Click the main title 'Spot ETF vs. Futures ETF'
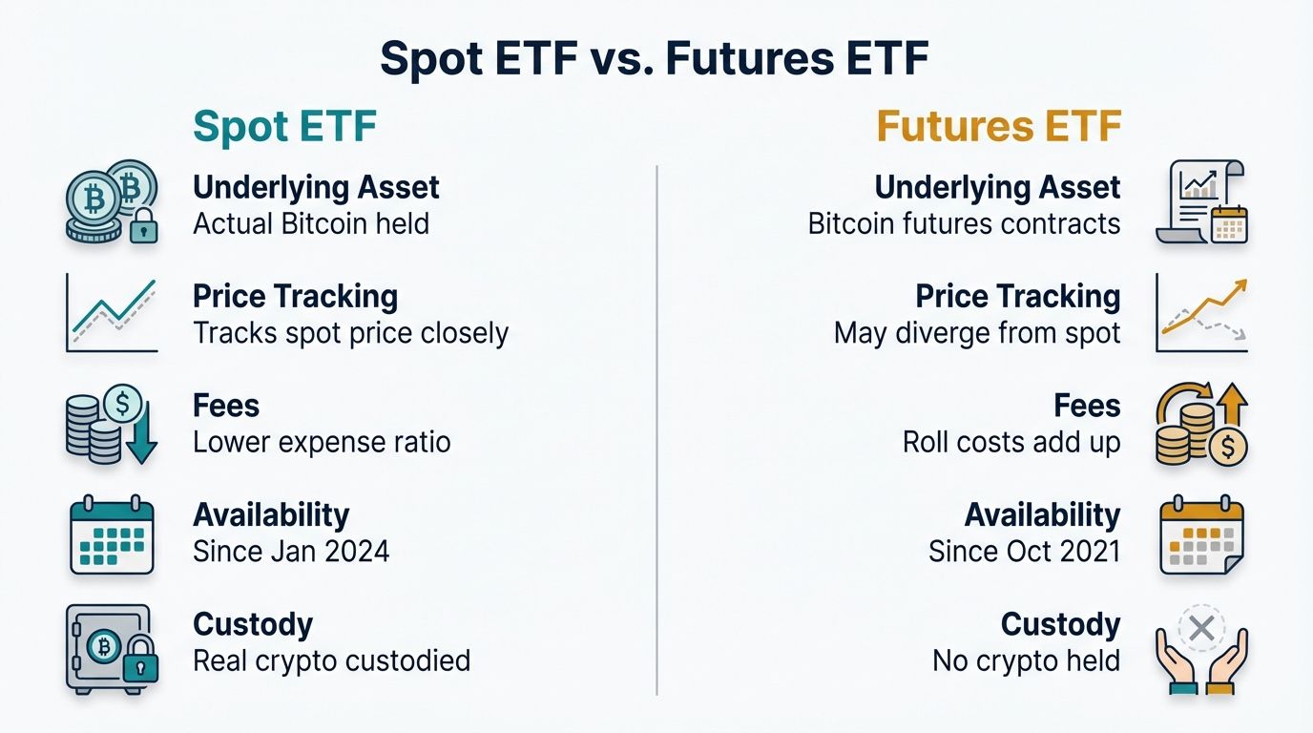coord(655,59)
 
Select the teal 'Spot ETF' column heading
coord(284,127)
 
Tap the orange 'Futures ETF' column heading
coord(998,127)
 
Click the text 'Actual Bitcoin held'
coord(311,224)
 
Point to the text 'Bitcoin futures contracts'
coord(964,224)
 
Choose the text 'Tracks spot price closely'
coord(350,333)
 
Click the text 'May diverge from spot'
coord(977,333)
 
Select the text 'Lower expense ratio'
coord(322,443)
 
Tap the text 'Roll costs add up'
coord(1011,443)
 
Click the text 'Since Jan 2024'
coord(291,552)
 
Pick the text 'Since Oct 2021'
coord(1024,552)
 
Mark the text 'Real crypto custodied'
coord(331,660)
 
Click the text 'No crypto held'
coord(1026,660)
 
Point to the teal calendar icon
coord(111,535)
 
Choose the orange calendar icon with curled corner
coord(1201,535)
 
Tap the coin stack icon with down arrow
coord(111,425)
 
